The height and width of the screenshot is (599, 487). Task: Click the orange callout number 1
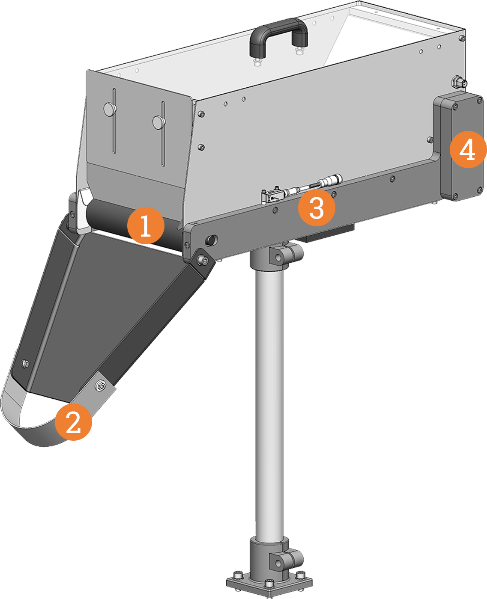coord(146,225)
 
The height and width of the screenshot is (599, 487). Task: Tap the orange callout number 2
coord(73,422)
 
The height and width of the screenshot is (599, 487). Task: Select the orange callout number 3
coord(317,208)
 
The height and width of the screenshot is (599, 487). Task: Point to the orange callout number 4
coord(468,149)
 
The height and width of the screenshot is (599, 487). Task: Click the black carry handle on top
coord(278,36)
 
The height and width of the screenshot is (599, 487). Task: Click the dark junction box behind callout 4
coord(458,146)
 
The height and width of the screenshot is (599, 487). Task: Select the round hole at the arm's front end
coord(211,240)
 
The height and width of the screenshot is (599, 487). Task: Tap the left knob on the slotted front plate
coord(110,109)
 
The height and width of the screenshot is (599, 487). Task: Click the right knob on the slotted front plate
coord(159,122)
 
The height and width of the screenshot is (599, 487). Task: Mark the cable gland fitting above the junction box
coord(459,83)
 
